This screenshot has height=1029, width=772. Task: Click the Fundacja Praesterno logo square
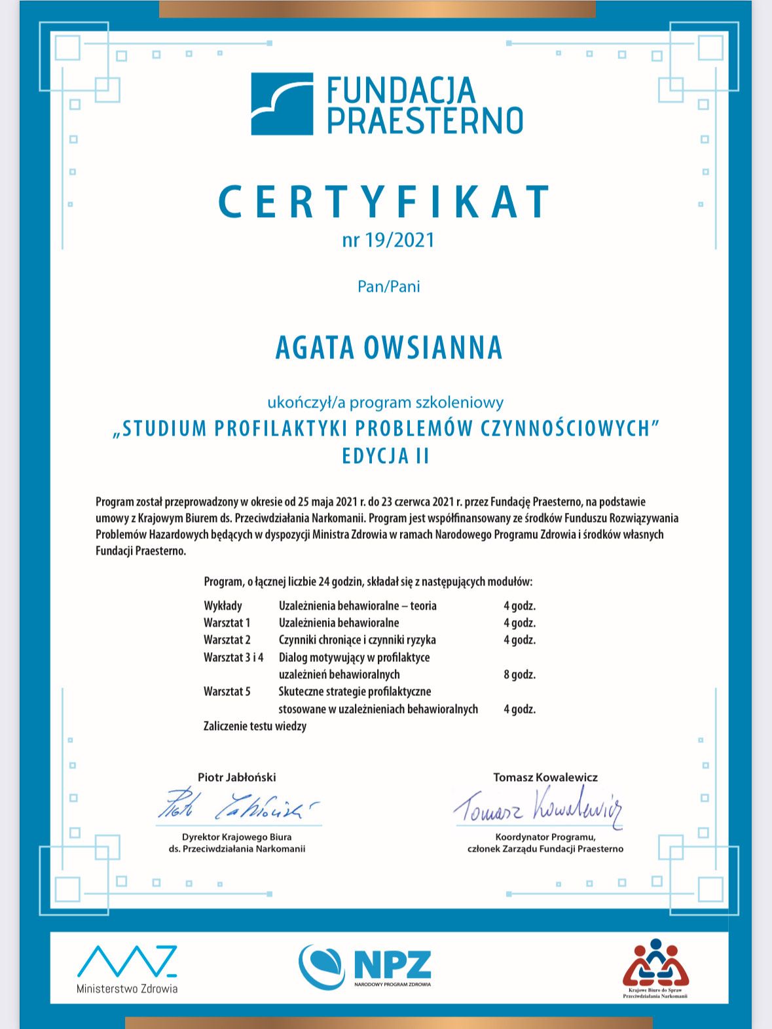point(282,104)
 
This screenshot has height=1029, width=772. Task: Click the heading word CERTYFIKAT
point(385,201)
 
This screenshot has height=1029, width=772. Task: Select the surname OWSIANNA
point(433,347)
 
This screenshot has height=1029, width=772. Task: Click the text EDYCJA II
point(386,456)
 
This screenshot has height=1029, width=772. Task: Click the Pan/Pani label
point(389,287)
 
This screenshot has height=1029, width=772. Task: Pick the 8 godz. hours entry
point(519,674)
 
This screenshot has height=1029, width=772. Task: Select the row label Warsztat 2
point(227,640)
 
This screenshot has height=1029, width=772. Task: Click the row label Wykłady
point(223,606)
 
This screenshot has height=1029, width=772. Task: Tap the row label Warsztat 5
point(227,691)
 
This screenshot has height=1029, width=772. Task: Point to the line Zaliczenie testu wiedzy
point(255,726)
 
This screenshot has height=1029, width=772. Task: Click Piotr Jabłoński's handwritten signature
point(237,806)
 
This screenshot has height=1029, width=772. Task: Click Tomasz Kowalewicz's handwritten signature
point(538,806)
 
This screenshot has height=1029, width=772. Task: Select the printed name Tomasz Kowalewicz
point(545,777)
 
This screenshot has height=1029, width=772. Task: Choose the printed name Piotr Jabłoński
point(237,777)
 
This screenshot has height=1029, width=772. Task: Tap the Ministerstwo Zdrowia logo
point(127,968)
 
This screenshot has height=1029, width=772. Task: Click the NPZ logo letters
point(392,964)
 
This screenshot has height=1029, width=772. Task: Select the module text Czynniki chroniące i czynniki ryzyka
point(357,640)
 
